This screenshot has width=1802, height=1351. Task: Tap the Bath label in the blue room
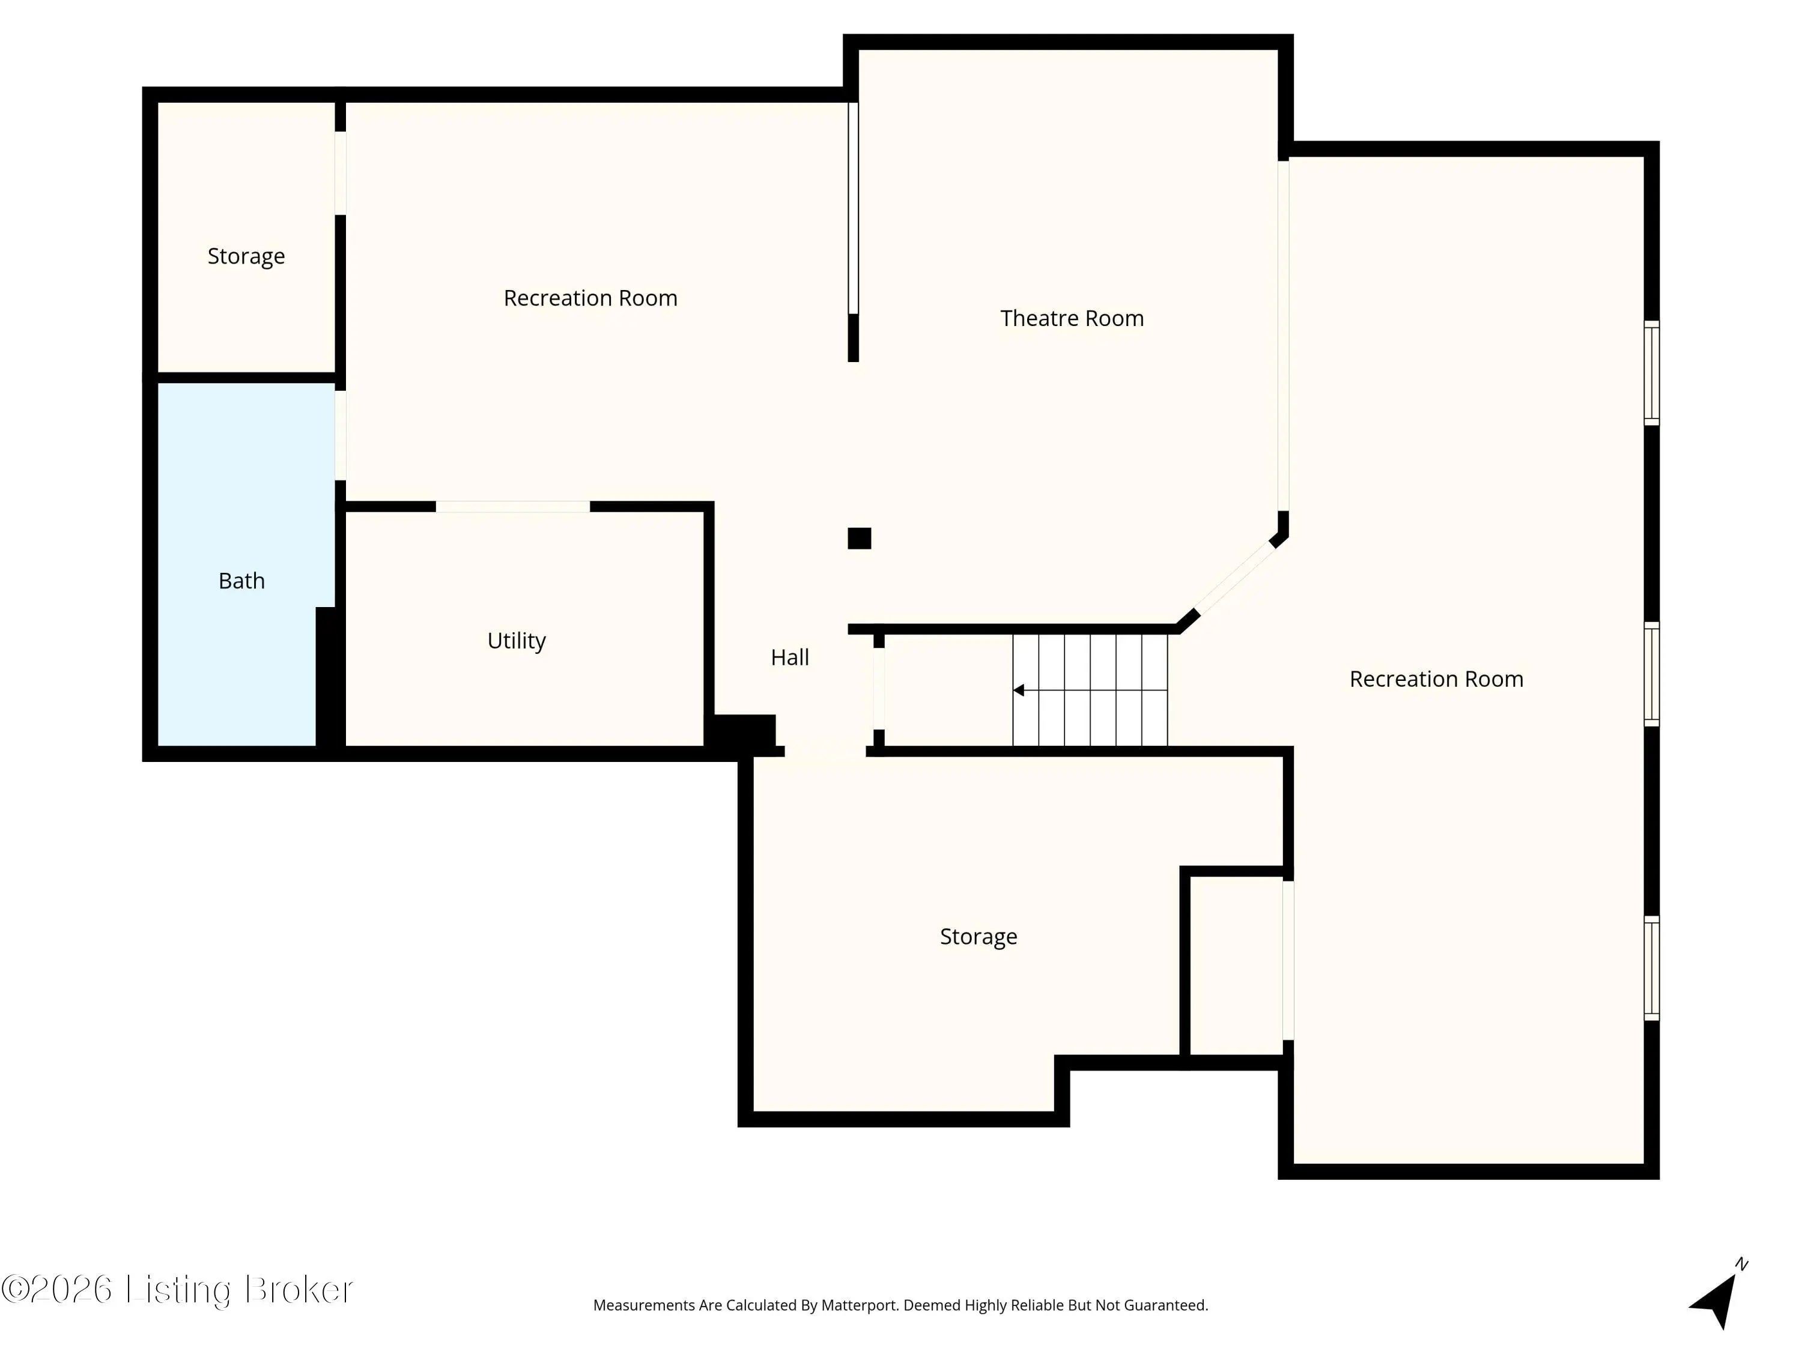pos(242,581)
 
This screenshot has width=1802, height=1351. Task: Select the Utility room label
pos(517,641)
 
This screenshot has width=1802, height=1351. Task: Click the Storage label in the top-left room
pos(246,256)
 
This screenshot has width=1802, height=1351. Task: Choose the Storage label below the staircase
pos(978,937)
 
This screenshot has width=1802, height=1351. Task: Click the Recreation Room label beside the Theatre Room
pos(590,298)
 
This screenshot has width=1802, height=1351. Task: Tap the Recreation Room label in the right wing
pos(1436,679)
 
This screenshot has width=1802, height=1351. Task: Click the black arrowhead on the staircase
pos(1018,691)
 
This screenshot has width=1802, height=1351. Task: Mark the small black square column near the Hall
pos(860,538)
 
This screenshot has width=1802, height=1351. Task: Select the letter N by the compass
pos(1742,1265)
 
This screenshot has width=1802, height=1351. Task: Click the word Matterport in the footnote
pos(860,1305)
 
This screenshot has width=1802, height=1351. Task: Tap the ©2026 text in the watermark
pos(56,1289)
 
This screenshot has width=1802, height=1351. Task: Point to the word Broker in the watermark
pos(299,1289)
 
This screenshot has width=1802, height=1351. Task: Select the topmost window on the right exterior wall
pos(1651,373)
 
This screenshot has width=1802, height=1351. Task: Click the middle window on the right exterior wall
pos(1651,674)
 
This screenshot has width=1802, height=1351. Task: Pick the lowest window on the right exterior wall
pos(1651,969)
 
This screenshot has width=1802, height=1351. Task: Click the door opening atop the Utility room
pos(513,507)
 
